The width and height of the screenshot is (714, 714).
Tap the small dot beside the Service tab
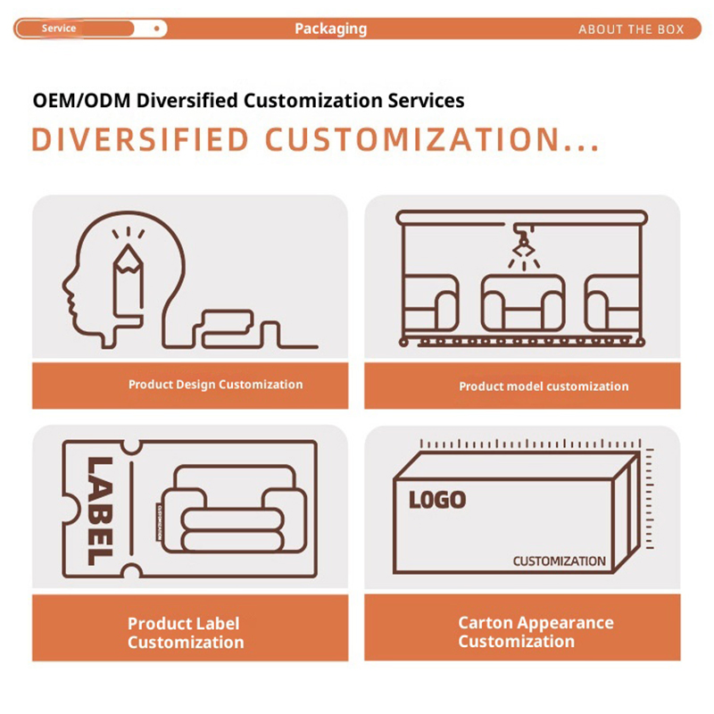click(x=157, y=29)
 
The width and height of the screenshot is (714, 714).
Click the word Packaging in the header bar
click(x=330, y=29)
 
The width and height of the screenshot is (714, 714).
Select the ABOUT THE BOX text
click(x=631, y=29)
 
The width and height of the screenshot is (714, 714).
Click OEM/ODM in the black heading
click(x=82, y=101)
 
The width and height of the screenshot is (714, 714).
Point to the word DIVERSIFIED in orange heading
click(x=140, y=139)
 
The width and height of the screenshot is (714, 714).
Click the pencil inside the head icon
click(x=129, y=281)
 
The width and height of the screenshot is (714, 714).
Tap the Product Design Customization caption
click(x=215, y=385)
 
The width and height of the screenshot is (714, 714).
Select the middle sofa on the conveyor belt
click(x=523, y=303)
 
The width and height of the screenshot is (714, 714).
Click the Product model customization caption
click(x=544, y=386)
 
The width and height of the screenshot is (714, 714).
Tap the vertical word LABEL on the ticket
click(x=100, y=511)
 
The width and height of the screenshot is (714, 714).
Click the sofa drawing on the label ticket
click(x=234, y=509)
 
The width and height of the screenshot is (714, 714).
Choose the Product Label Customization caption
click(x=186, y=633)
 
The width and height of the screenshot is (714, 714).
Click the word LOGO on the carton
click(x=437, y=500)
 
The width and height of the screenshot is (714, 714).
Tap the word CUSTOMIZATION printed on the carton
click(x=560, y=561)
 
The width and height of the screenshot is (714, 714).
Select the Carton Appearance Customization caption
click(x=536, y=632)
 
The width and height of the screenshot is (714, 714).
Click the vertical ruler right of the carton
click(x=650, y=499)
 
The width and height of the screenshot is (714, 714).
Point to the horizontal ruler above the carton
click(x=530, y=444)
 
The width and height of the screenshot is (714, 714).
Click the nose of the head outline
click(x=66, y=286)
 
